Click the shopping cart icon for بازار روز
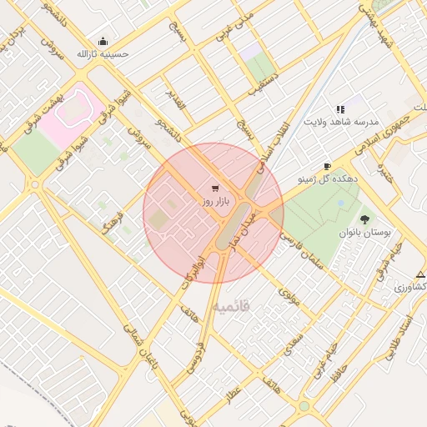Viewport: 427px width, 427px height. pyautogui.click(x=216, y=188)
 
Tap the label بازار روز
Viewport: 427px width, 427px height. pyautogui.click(x=214, y=202)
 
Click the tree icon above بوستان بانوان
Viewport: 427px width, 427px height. pyautogui.click(x=364, y=219)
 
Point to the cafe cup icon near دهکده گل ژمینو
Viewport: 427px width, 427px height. pyautogui.click(x=327, y=166)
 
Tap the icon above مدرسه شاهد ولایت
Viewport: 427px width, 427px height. pyautogui.click(x=339, y=109)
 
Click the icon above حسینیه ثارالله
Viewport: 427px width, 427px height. pyautogui.click(x=103, y=41)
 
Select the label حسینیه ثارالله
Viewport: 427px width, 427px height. pyautogui.click(x=103, y=54)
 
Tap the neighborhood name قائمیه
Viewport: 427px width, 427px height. pyautogui.click(x=231, y=308)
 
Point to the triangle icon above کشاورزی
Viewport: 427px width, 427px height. pyautogui.click(x=420, y=274)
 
